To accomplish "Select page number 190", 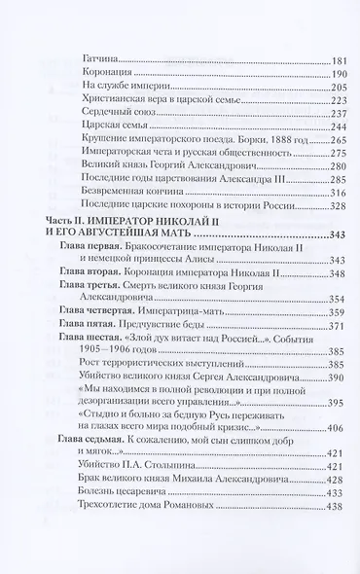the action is (x=312, y=73).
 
